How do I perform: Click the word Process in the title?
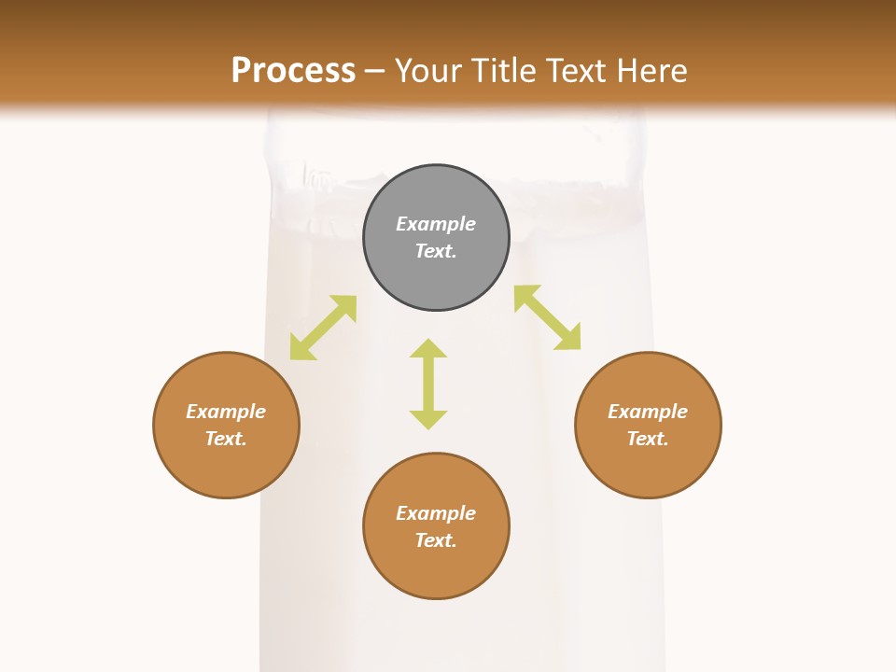point(293,71)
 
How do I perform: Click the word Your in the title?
point(430,71)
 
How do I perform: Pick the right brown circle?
point(648,462)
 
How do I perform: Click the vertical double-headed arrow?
point(428,384)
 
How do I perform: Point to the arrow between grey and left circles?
point(323,328)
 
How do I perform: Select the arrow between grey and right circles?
point(548,317)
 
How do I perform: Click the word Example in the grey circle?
point(436,224)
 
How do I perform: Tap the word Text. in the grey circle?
point(436,251)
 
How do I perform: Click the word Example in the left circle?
point(226,412)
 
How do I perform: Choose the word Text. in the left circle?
point(226,439)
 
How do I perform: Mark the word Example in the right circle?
point(648,412)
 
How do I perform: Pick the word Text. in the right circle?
point(648,439)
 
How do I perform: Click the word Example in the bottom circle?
point(436,513)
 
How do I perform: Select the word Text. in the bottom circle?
point(436,540)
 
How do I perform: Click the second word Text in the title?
point(579,71)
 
